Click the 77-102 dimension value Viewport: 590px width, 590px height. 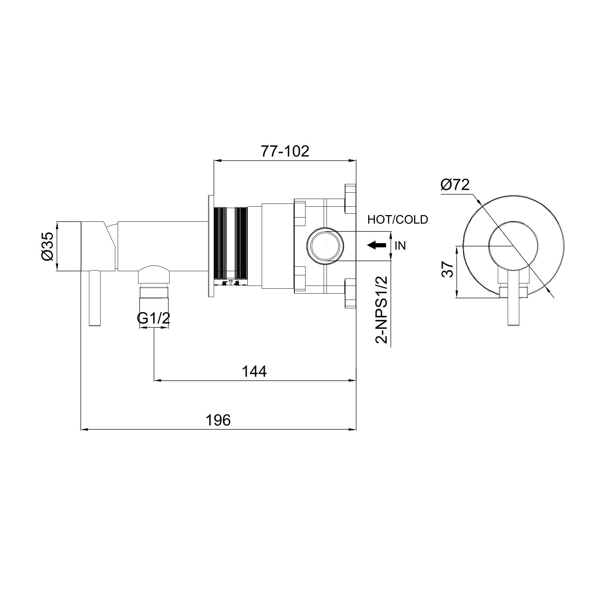(x=284, y=151)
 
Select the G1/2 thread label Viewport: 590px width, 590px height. (x=153, y=319)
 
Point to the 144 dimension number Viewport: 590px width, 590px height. (x=255, y=371)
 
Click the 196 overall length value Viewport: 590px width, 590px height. (x=218, y=420)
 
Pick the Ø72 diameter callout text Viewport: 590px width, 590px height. (x=454, y=185)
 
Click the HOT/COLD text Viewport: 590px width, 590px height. (x=398, y=220)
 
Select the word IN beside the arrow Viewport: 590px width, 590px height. (x=400, y=246)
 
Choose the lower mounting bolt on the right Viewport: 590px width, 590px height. (x=350, y=294)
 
